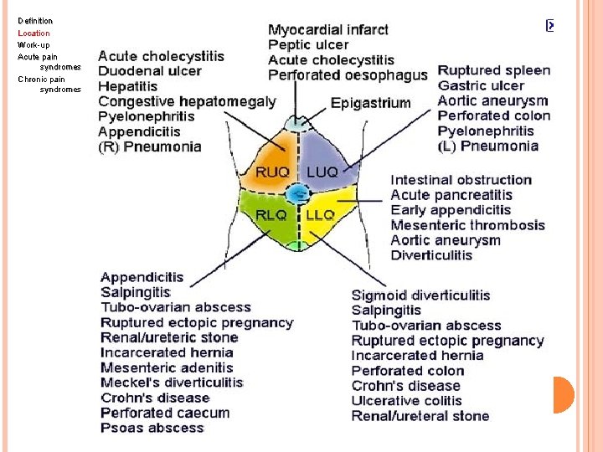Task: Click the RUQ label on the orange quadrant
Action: [x=273, y=172]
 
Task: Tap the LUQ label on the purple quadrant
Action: [x=322, y=172]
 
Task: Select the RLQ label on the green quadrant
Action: [x=271, y=215]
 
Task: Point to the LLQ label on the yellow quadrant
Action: [x=320, y=215]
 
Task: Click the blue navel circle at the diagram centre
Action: [x=297, y=194]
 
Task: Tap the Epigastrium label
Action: [x=370, y=103]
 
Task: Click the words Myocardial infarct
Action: [x=328, y=30]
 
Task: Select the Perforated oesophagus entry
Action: [x=348, y=75]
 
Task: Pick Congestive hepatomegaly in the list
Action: [x=187, y=101]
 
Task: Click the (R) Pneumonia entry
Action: [x=150, y=146]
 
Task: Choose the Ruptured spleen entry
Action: [x=494, y=70]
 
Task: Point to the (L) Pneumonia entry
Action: [x=487, y=146]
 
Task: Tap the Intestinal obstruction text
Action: [x=461, y=180]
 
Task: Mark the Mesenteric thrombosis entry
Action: [x=467, y=225]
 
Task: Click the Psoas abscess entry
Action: [x=152, y=428]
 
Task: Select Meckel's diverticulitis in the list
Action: [x=172, y=383]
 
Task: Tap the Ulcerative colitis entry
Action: [x=407, y=401]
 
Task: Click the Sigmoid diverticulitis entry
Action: [x=420, y=295]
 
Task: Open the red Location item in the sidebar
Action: [x=34, y=33]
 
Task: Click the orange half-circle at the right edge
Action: [x=563, y=394]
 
